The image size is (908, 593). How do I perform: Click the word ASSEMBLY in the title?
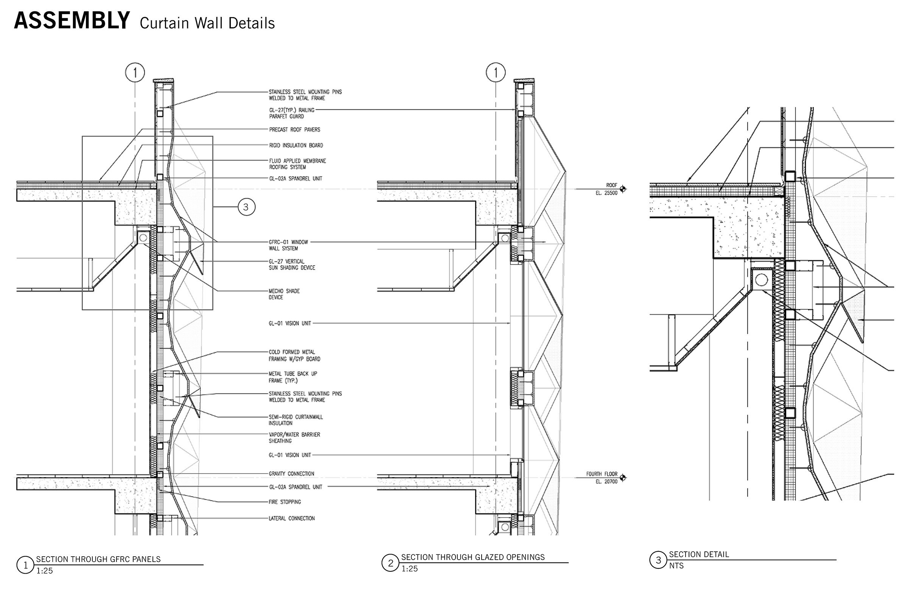pos(72,21)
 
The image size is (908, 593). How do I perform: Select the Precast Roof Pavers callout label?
pos(294,130)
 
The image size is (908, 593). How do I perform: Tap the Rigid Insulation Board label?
pos(296,145)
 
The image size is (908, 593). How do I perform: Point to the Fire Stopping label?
pos(285,502)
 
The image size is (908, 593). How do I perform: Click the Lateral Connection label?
pos(291,518)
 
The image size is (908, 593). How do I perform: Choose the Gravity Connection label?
pos(291,473)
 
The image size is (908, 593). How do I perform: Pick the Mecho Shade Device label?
pos(284,294)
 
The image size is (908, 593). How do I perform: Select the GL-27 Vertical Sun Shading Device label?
pos(292,265)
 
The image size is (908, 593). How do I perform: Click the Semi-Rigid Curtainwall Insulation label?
pos(295,420)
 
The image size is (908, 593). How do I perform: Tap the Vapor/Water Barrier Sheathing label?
pos(294,437)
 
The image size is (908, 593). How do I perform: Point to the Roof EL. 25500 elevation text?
pos(606,189)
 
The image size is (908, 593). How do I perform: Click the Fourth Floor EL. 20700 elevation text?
pos(602,477)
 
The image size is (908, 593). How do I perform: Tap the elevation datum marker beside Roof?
pos(623,188)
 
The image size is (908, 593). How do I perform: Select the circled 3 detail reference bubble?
pos(246,207)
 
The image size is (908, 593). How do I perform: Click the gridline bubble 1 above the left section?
pos(135,73)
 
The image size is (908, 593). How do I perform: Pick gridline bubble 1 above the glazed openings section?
pos(496,73)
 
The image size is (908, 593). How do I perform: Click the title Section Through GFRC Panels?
pos(98,559)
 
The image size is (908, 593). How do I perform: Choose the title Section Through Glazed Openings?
pos(473,557)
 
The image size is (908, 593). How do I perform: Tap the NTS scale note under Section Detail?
pos(676,566)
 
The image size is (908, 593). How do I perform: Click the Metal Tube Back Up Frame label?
pos(292,377)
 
